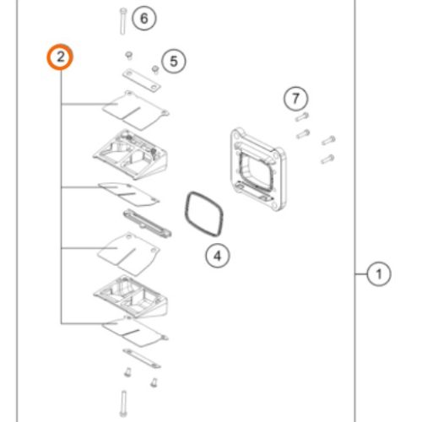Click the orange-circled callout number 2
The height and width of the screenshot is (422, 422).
[60, 57]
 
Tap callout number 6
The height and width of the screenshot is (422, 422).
[143, 19]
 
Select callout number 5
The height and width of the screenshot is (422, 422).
[174, 62]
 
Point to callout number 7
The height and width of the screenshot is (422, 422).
[295, 99]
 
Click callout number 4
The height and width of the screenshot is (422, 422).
[218, 256]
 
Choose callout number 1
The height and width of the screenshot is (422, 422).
[379, 274]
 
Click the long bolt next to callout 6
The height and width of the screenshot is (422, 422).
[123, 21]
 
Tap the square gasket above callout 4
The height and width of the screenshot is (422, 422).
[204, 214]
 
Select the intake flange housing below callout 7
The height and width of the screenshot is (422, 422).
[258, 169]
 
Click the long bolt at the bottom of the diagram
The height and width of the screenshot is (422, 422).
[123, 403]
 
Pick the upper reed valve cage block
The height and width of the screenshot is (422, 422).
[131, 154]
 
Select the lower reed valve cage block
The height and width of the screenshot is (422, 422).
[131, 296]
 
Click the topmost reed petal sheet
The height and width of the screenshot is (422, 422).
[136, 111]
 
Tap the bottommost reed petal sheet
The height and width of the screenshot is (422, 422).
[135, 332]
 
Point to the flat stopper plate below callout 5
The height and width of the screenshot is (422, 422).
[142, 80]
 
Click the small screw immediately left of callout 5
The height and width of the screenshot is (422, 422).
[155, 69]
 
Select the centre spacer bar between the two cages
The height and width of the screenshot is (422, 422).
[148, 223]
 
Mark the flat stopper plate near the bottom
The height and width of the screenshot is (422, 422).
[142, 359]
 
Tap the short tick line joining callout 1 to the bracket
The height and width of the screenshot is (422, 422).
[361, 274]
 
